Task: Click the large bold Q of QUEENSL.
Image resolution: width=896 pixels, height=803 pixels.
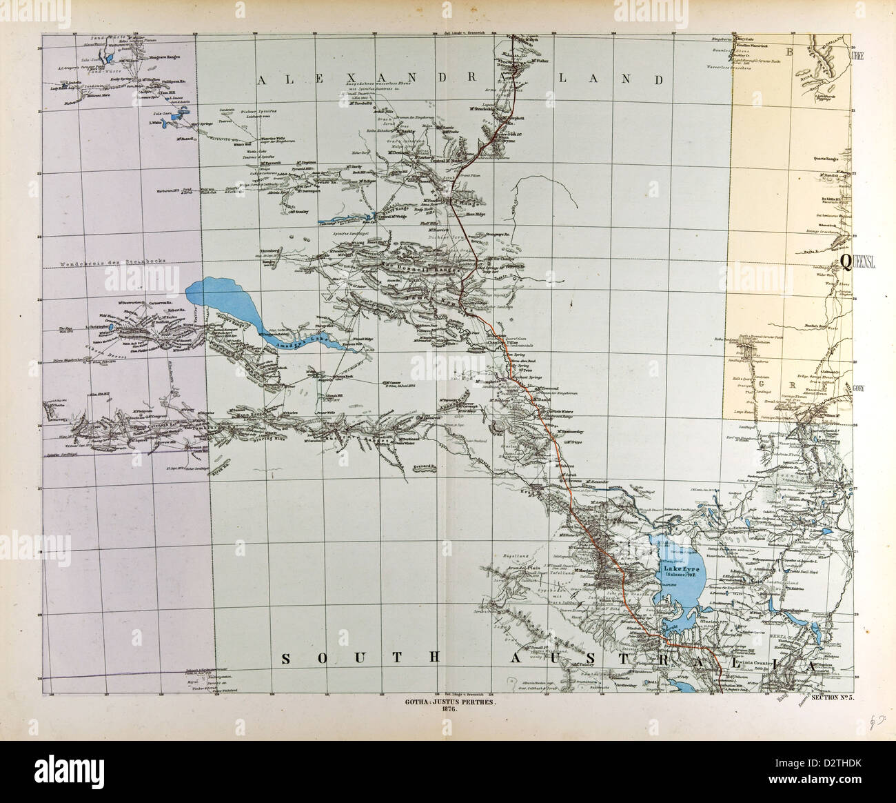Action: point(844,260)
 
